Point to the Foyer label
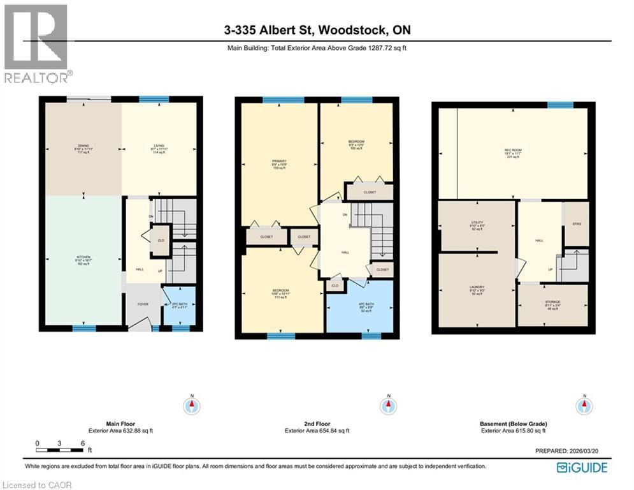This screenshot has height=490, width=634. click(x=143, y=304)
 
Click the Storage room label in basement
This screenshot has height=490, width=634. click(x=552, y=305)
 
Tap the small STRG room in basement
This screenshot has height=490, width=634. click(x=577, y=224)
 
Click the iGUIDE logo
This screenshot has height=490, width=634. click(x=581, y=468)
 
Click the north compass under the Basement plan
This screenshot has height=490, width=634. click(x=581, y=406)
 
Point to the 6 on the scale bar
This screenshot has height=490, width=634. click(x=82, y=443)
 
